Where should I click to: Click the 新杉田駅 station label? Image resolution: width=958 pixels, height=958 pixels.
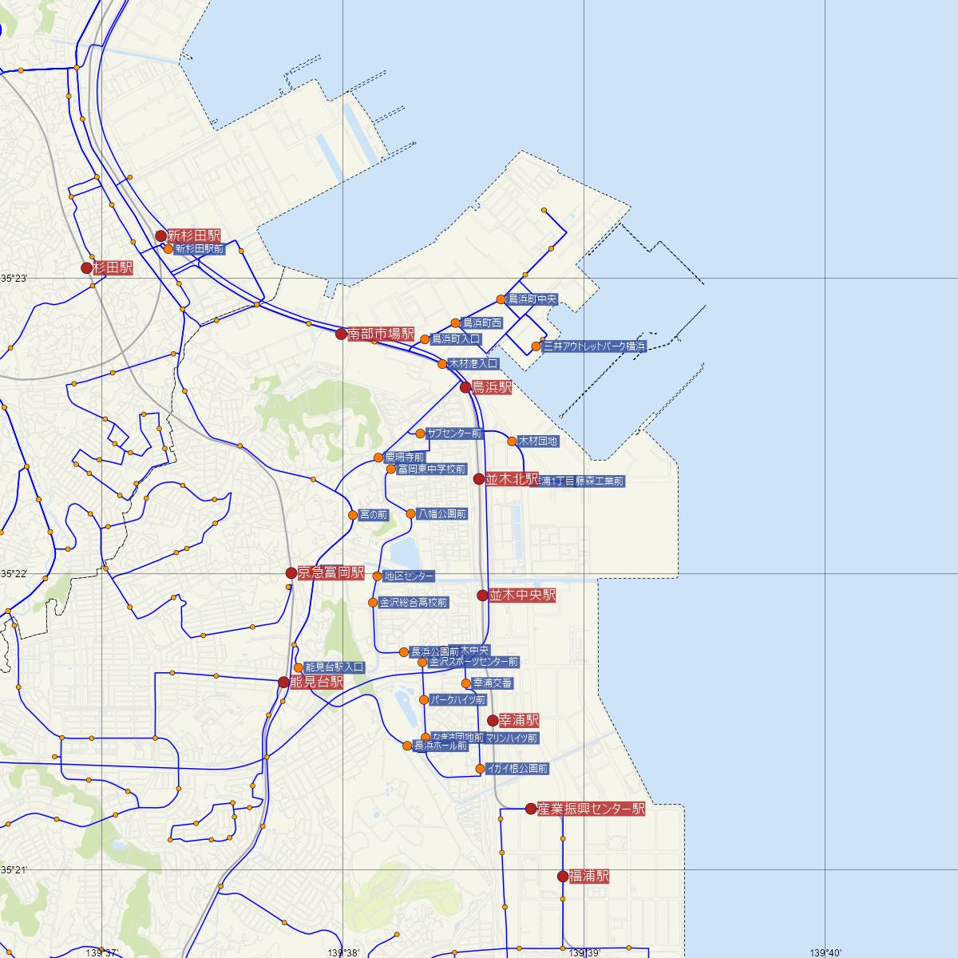coord(194,236)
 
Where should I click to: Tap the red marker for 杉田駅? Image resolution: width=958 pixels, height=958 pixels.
coord(87,268)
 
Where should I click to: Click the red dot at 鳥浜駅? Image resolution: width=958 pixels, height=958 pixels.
coord(466,387)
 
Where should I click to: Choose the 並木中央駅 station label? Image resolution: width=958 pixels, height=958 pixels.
coord(522,595)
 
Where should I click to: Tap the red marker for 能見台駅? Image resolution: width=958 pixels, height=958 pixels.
coord(283,682)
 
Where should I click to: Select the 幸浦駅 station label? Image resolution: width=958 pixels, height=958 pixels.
coord(518,720)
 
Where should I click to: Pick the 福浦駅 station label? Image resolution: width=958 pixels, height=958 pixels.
coord(589,876)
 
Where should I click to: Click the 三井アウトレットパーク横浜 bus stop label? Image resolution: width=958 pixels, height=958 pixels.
coord(594,346)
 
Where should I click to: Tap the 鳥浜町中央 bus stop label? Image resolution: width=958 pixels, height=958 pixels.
coord(532,299)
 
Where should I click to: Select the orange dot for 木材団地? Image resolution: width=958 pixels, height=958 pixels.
coord(513,441)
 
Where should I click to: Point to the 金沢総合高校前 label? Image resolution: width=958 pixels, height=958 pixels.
coord(414,602)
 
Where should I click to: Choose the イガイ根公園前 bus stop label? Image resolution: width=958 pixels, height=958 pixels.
coord(517,769)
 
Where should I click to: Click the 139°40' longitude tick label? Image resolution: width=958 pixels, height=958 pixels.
coord(825,952)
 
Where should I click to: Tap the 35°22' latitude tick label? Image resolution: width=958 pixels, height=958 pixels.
coord(14,574)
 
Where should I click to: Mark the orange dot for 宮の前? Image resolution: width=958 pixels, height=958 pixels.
coord(353,515)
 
